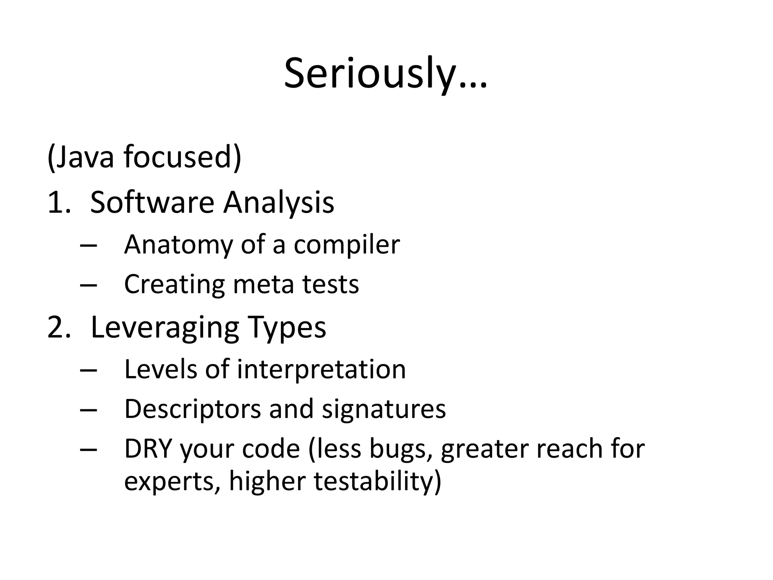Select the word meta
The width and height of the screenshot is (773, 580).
pos(263,284)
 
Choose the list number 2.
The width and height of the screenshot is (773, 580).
pos(58,327)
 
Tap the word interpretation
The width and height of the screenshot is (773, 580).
pos(321,369)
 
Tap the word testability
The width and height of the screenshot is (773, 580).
pos(377,481)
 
